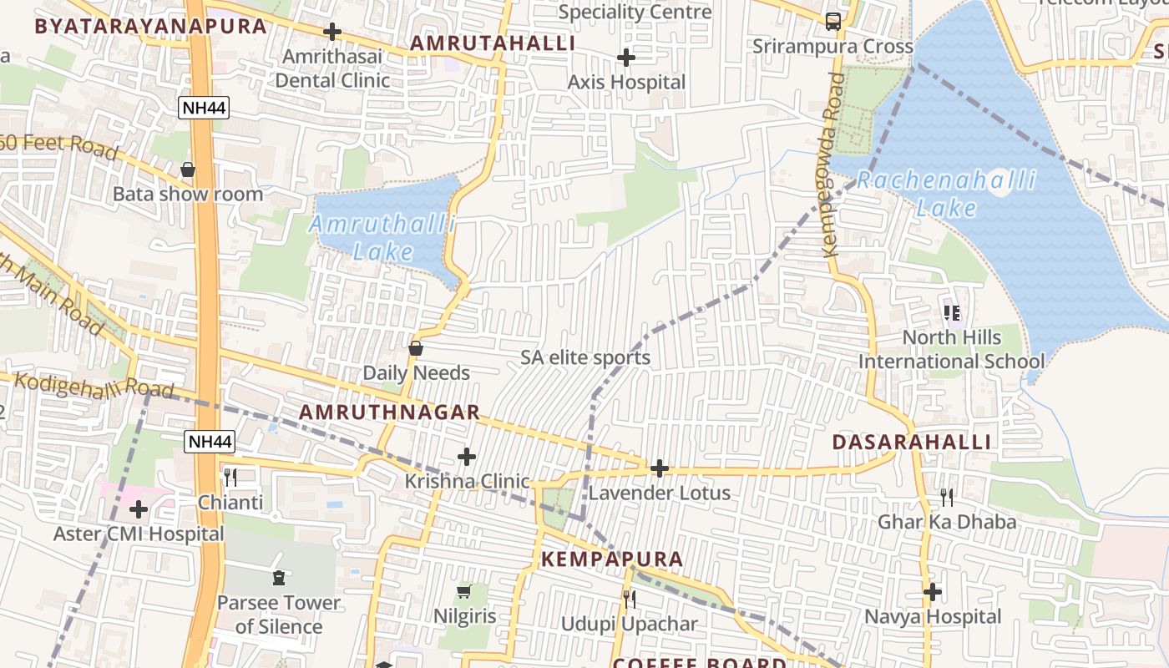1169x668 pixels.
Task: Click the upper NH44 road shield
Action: click(203, 107)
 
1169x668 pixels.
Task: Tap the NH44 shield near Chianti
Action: click(210, 442)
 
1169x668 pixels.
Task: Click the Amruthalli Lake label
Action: click(383, 238)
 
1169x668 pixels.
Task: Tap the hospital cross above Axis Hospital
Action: click(625, 58)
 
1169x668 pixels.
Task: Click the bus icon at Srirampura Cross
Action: click(832, 21)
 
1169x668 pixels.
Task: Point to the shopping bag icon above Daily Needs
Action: click(416, 348)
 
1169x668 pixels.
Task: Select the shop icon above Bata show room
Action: click(188, 170)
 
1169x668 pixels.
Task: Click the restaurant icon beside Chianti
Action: click(230, 478)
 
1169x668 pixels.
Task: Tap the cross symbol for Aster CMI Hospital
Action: click(139, 509)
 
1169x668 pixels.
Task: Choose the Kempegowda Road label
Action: click(832, 164)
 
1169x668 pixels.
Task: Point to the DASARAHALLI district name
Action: click(911, 443)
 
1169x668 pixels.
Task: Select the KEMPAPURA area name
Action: click(612, 559)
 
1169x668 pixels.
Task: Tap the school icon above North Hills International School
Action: click(951, 313)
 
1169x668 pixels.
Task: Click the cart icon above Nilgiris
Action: click(464, 592)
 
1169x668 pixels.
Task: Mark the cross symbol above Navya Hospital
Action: click(932, 592)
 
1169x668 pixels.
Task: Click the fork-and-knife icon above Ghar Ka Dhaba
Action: click(946, 498)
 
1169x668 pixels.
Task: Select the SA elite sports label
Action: click(585, 358)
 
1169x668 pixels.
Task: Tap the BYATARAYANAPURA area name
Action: click(150, 26)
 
